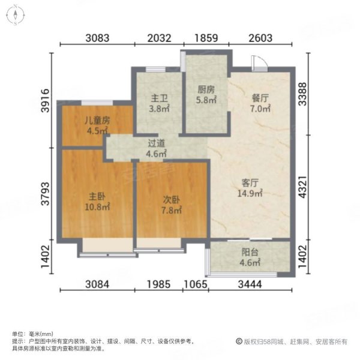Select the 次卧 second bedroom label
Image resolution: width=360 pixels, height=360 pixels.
tap(171, 199)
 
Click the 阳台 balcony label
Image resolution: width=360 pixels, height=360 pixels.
tap(250, 253)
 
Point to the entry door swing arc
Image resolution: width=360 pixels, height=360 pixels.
tap(257, 61)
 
